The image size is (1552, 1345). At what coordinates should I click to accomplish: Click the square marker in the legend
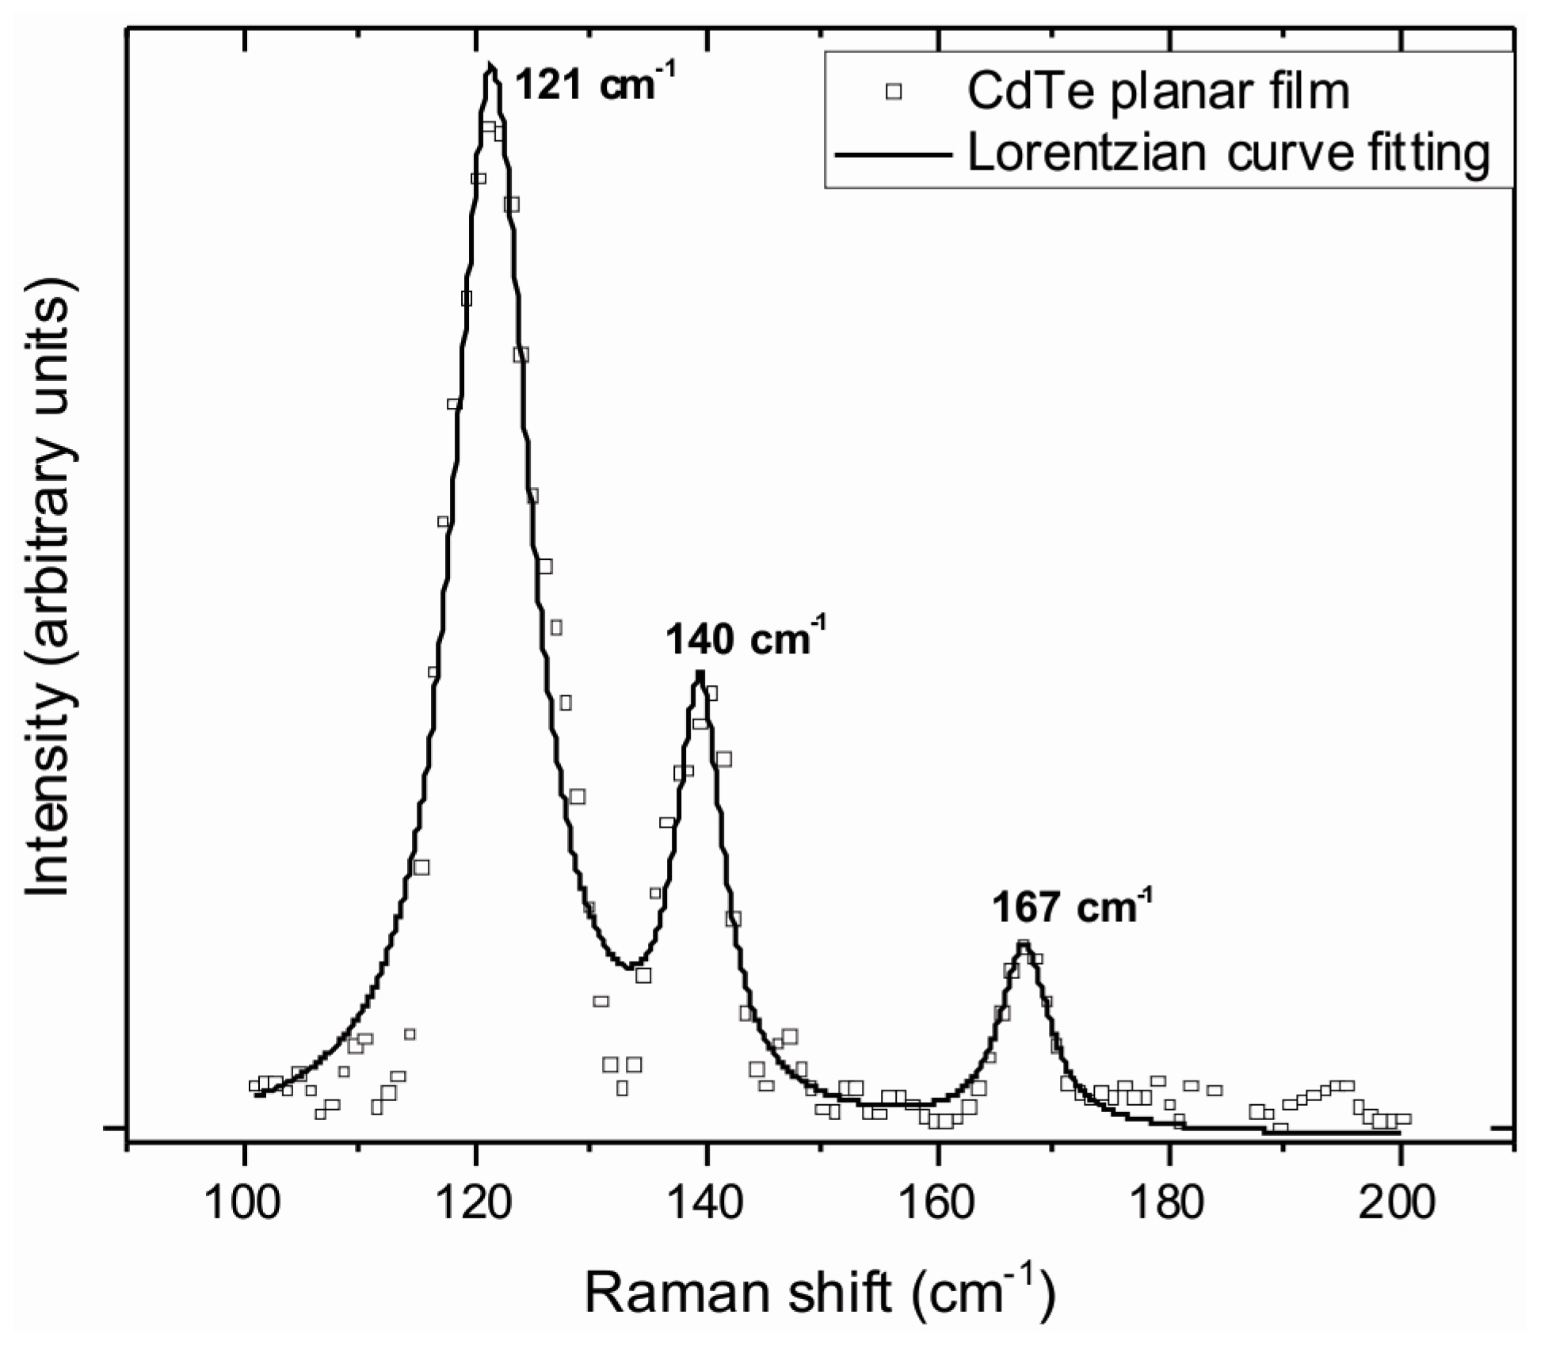[x=894, y=92]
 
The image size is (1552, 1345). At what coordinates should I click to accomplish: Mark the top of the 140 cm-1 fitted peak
[x=699, y=672]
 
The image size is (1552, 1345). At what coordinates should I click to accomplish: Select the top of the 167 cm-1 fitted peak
[x=1023, y=943]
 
